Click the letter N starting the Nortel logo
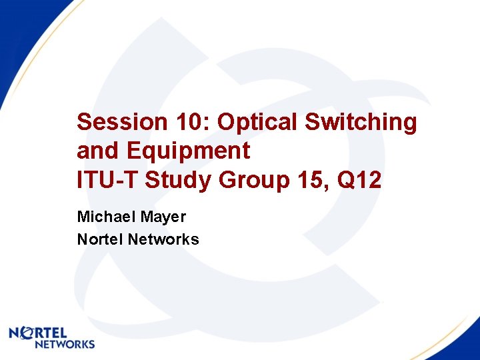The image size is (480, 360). [x=15, y=333]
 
